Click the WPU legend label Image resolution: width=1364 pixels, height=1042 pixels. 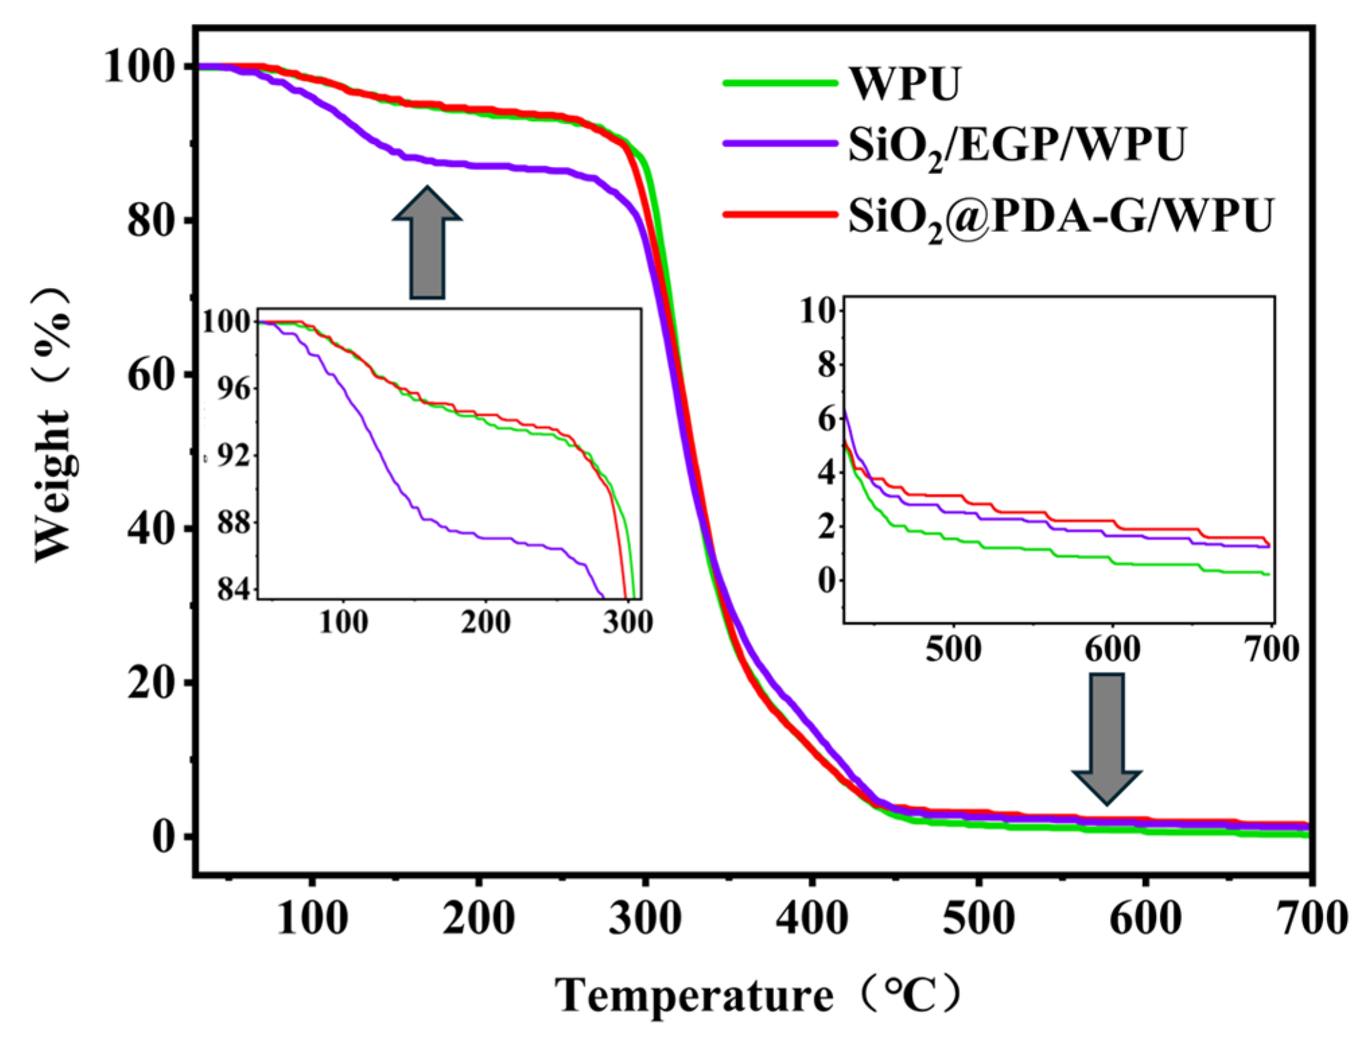tap(904, 84)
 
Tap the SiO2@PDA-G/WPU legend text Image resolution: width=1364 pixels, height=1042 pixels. tap(1061, 216)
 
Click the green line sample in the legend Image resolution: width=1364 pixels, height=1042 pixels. tap(781, 83)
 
